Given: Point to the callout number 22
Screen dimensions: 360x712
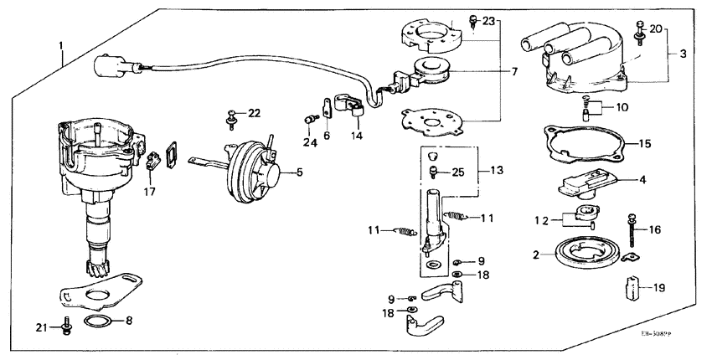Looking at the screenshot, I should click(254, 113).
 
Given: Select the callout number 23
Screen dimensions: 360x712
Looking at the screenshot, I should click(489, 20).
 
